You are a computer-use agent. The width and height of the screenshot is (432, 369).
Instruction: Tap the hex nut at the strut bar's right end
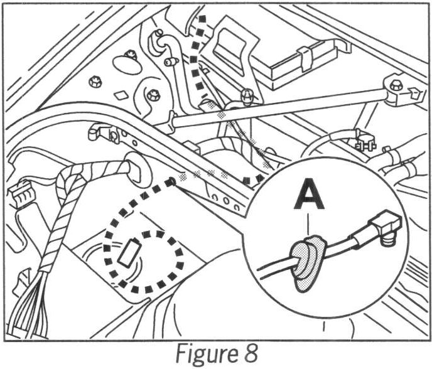coord(396,85)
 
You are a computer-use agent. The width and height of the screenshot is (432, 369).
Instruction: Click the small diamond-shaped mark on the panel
coord(122,95)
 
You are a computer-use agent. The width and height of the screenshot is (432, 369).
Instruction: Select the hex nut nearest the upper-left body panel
coord(97,80)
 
